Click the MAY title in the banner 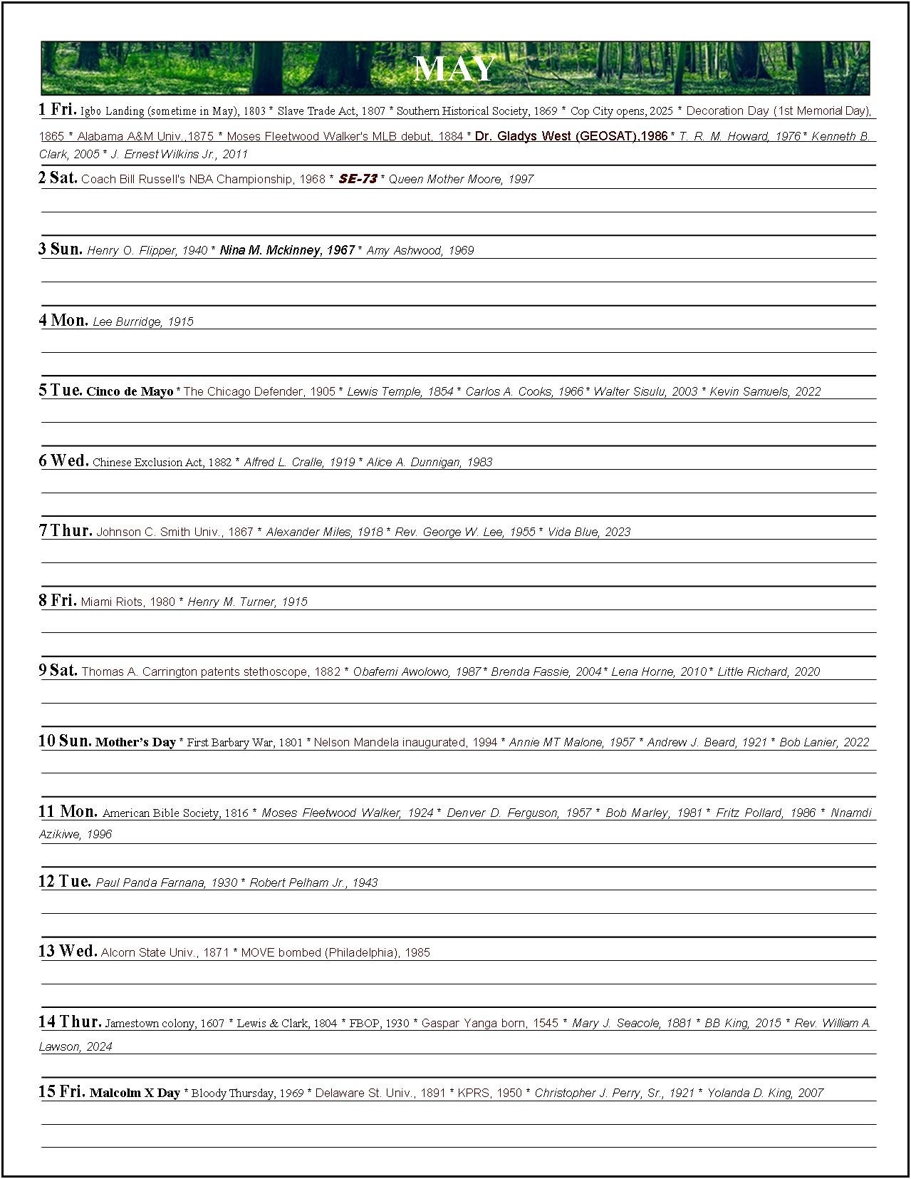454,69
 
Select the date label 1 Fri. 57,109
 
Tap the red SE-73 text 358,179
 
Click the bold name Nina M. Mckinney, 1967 287,250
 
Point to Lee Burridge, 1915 143,321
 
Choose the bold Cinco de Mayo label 130,391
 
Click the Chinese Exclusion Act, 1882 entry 162,462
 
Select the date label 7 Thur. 65,530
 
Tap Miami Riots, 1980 127,602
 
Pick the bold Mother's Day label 135,742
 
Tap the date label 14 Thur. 69,1021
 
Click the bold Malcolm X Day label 135,1093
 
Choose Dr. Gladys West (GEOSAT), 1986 571,136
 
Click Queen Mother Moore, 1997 461,179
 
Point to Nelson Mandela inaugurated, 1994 405,742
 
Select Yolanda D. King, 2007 765,1093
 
